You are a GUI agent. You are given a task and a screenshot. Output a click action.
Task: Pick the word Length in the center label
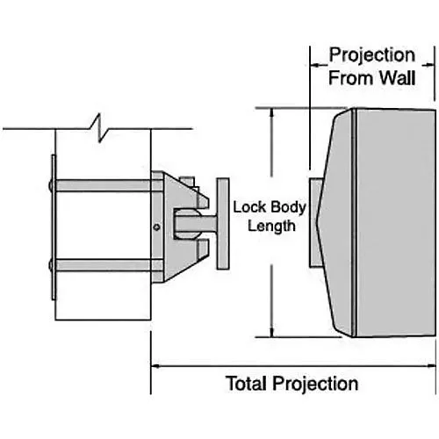(268, 226)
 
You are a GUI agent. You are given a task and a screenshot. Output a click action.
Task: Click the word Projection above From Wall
(371, 56)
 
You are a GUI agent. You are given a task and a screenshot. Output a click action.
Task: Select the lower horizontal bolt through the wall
(105, 266)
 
